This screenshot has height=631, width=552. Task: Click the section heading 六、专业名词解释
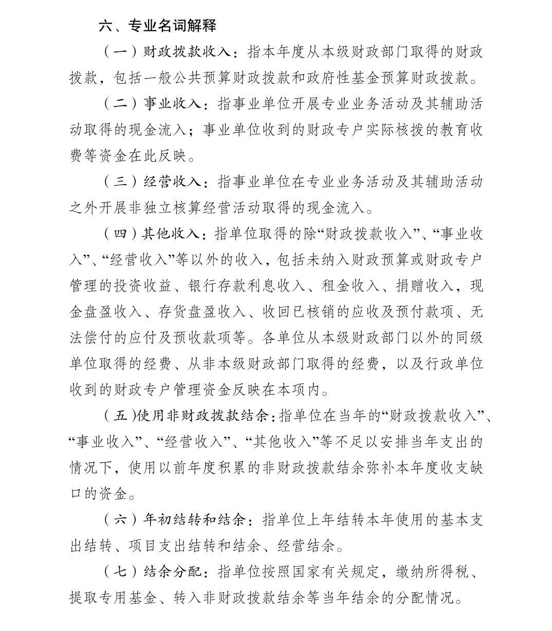click(x=157, y=26)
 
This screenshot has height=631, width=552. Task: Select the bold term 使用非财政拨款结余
click(x=203, y=416)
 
